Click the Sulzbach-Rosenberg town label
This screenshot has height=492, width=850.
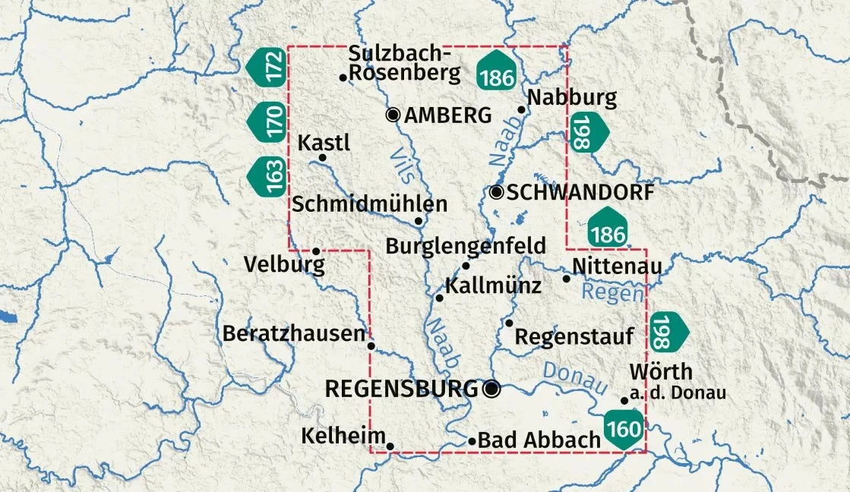click(404, 63)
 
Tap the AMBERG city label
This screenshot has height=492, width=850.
click(448, 115)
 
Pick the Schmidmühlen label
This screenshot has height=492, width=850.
click(370, 204)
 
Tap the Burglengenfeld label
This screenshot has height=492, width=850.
click(466, 246)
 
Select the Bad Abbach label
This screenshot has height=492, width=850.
click(540, 440)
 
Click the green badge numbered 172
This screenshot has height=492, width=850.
click(267, 67)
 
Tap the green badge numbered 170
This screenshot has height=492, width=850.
click(267, 121)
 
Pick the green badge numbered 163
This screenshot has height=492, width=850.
click(267, 176)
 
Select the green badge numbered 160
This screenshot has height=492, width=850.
click(624, 429)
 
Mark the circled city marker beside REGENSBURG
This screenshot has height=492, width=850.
click(491, 389)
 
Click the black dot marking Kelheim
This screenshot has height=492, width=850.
click(390, 446)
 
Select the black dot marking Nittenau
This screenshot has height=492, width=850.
click(566, 279)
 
